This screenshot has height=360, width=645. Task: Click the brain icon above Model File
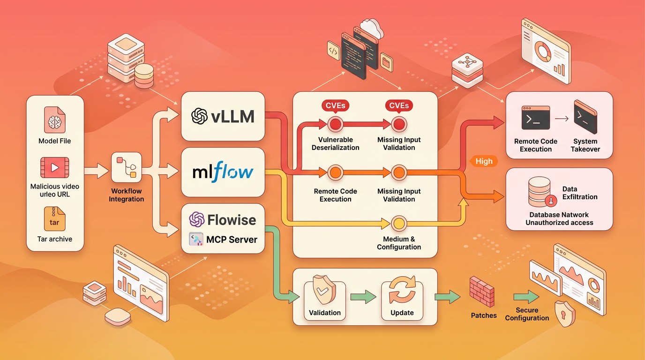[55, 120]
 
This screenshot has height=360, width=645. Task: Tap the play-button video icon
[54, 168]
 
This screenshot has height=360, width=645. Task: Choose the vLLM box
[223, 116]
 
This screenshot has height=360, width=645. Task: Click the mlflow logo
[223, 172]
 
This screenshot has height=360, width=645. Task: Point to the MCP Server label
[232, 240]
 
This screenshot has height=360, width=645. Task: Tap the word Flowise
[232, 220]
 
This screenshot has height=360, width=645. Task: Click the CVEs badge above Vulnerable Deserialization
[335, 105]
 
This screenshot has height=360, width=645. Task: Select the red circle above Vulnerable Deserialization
[335, 124]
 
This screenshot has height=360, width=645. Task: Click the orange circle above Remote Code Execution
[335, 172]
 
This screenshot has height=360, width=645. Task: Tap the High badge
[484, 161]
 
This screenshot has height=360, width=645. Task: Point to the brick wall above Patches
[482, 292]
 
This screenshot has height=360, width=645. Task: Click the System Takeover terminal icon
[585, 117]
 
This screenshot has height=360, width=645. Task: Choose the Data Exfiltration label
[579, 193]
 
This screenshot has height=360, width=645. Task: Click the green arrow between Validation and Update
[363, 297]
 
